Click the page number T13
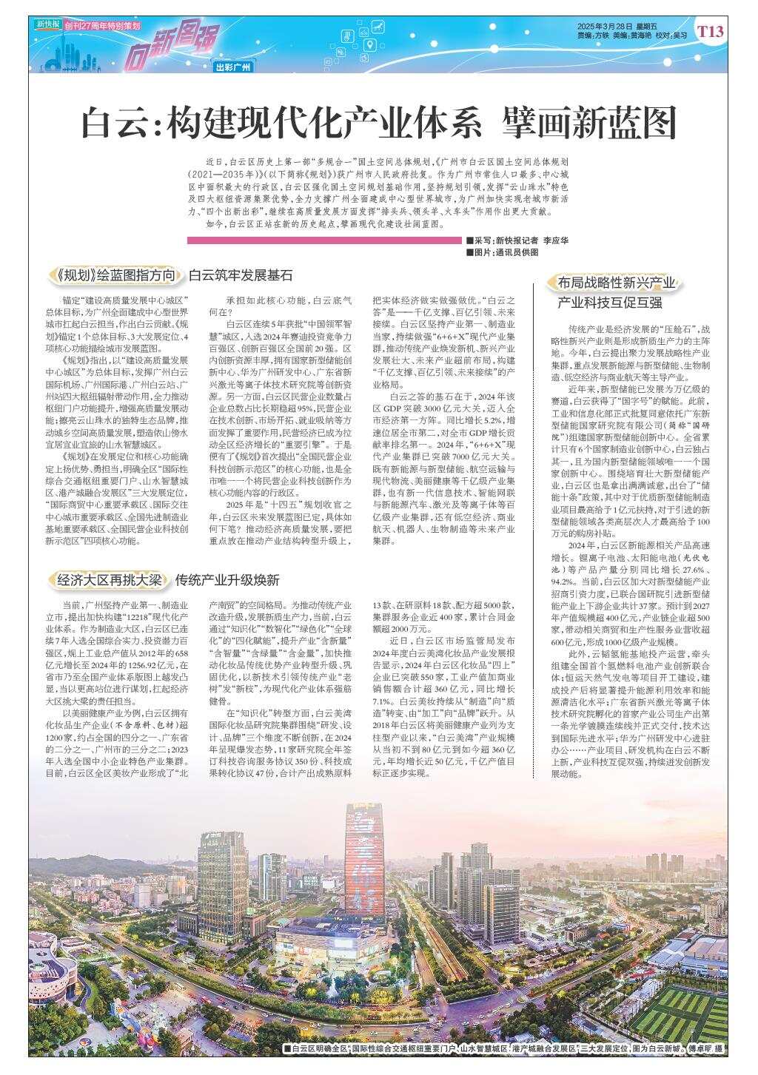pos(710,31)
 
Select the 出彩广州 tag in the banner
pos(233,67)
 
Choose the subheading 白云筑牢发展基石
pos(241,276)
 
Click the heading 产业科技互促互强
pos(609,303)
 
